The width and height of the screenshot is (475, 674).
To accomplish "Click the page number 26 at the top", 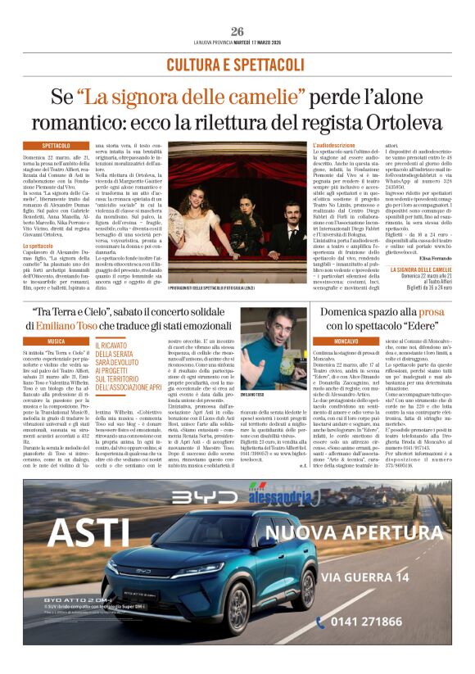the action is click(237, 31).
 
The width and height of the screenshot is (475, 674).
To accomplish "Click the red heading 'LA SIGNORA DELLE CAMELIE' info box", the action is click(419, 269).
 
